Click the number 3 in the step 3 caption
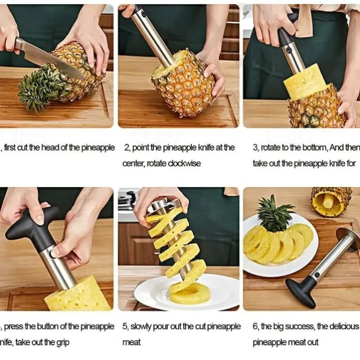point(255,148)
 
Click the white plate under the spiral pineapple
point(153,295)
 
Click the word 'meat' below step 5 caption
point(132,342)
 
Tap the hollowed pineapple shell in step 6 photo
point(331,201)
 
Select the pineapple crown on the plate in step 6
point(275,215)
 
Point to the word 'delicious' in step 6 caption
point(343,326)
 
